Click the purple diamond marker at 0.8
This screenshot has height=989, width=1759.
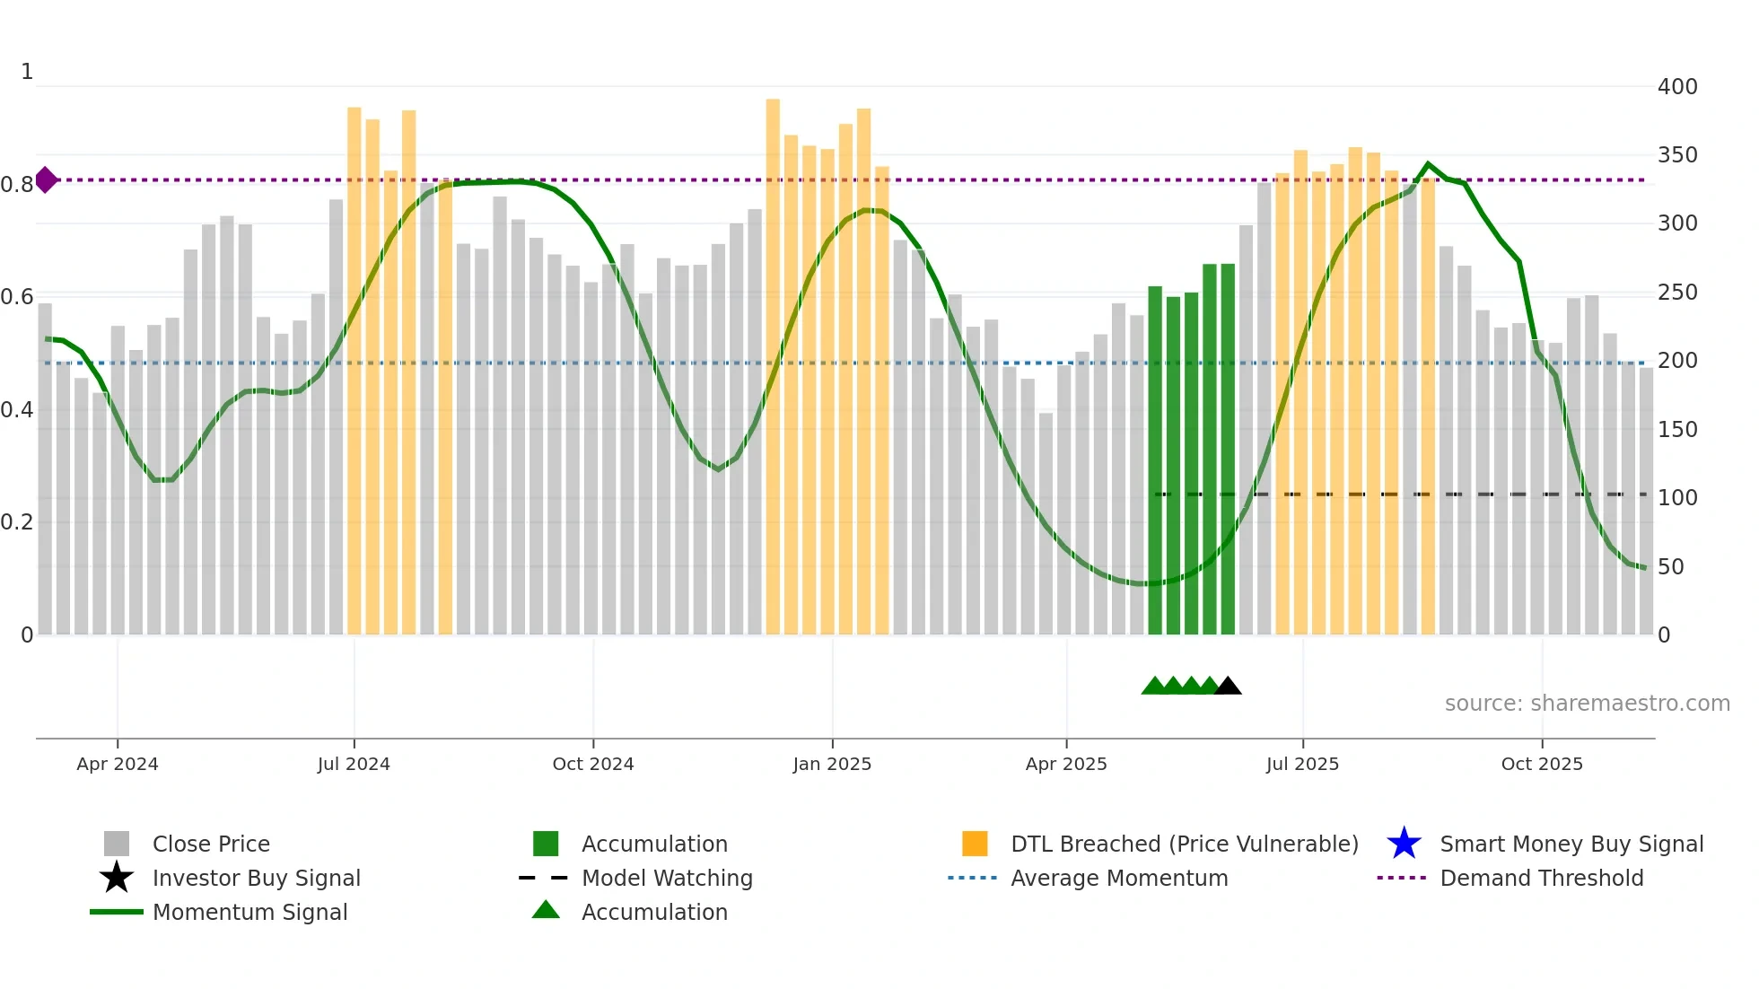tap(46, 179)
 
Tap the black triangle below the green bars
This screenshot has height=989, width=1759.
tap(1228, 687)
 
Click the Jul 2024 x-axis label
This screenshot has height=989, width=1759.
tap(354, 764)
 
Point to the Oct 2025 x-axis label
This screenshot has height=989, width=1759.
tap(1542, 764)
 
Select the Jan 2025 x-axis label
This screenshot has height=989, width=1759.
tap(832, 764)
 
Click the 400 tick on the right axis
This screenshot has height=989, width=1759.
tap(1677, 87)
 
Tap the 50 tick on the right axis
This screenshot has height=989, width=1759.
tap(1671, 567)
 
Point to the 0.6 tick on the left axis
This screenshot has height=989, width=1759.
tap(17, 297)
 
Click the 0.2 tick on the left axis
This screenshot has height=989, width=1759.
tap(17, 522)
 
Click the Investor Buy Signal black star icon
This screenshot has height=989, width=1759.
tap(117, 878)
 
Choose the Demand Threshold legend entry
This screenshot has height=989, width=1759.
tap(1541, 878)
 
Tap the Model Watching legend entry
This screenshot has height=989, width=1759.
tap(666, 878)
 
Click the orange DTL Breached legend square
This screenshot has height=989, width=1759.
tap(975, 844)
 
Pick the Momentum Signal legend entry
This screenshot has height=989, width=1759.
tap(249, 912)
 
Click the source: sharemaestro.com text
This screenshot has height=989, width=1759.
tap(1587, 704)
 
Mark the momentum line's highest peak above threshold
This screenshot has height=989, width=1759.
tap(1429, 164)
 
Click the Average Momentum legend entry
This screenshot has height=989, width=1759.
tap(1118, 878)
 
